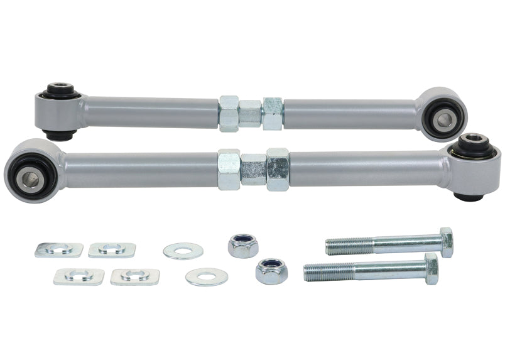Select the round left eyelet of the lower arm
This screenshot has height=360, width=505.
click(x=32, y=170)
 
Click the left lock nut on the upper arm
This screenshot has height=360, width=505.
click(x=229, y=113)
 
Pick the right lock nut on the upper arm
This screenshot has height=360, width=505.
click(x=273, y=114)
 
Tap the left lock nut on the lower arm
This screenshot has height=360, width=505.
click(x=229, y=170)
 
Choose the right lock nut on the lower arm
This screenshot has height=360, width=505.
click(x=277, y=169)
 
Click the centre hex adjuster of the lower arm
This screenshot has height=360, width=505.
click(x=253, y=169)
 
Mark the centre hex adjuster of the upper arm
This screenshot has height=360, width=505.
click(x=250, y=114)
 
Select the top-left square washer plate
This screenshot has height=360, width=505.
click(x=58, y=250)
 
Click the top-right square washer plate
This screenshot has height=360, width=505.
click(x=112, y=250)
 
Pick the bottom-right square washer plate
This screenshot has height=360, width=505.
click(x=134, y=276)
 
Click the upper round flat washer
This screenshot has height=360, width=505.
click(x=183, y=251)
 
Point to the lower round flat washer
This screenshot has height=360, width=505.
click(x=207, y=276)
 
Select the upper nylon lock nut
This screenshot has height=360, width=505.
click(x=243, y=245)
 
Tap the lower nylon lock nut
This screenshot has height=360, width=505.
click(x=271, y=271)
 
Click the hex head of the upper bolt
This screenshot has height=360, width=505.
click(x=446, y=242)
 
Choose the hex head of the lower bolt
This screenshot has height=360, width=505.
click(x=431, y=269)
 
